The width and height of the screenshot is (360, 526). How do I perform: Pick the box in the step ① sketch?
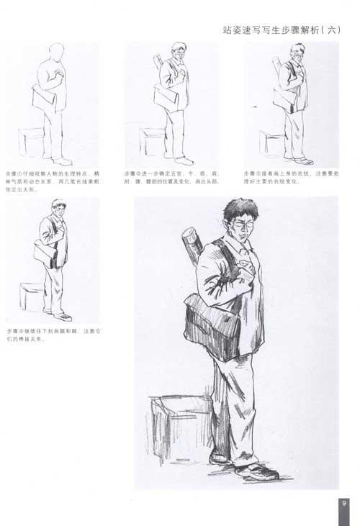[31, 141]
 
